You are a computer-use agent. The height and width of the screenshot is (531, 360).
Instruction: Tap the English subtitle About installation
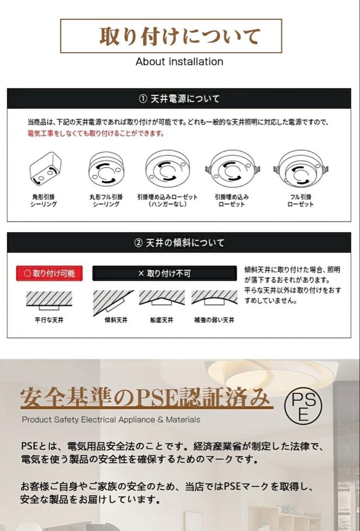[179, 61]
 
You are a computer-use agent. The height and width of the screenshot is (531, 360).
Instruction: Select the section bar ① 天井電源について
[179, 99]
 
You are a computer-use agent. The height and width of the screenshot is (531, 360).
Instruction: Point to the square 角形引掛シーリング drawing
[45, 170]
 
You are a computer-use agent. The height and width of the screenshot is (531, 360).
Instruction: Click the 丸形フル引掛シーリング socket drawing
[106, 170]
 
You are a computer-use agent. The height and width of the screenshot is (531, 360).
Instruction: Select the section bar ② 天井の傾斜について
[179, 243]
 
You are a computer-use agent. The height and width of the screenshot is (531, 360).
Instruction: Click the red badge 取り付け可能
[49, 273]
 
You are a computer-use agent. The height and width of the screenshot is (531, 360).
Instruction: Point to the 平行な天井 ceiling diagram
[49, 299]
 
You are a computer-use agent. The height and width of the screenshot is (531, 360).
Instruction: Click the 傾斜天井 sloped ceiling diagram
[113, 300]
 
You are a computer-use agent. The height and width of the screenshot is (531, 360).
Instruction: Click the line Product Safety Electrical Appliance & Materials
[111, 420]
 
